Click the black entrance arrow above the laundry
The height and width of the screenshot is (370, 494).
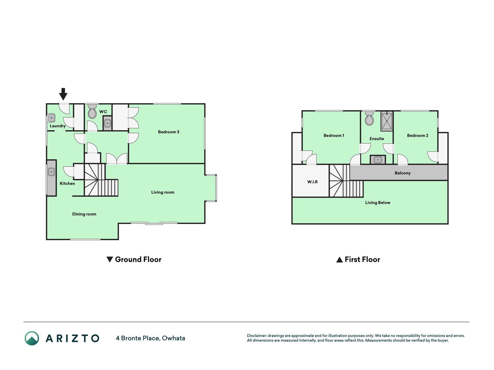click(x=63, y=94)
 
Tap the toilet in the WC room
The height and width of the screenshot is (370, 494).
click(x=92, y=111)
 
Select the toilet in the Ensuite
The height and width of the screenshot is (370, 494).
click(x=369, y=118)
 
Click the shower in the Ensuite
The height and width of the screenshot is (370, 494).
click(x=387, y=121)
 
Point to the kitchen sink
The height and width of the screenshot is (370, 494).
click(x=51, y=172)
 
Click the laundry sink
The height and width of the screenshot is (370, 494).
click(x=52, y=118)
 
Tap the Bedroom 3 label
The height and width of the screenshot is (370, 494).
click(x=168, y=132)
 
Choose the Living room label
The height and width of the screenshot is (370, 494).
click(x=163, y=192)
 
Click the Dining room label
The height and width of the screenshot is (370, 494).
click(x=84, y=214)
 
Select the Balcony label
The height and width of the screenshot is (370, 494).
click(x=403, y=173)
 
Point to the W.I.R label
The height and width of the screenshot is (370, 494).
click(x=312, y=182)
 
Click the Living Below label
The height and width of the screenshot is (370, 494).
click(x=378, y=203)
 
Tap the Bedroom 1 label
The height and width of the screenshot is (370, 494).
click(x=334, y=136)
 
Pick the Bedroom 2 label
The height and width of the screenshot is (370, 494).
click(x=417, y=136)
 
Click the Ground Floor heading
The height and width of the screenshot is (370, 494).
click(x=138, y=260)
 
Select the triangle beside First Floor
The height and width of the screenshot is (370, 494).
click(x=339, y=260)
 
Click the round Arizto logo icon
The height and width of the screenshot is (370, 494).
click(x=32, y=338)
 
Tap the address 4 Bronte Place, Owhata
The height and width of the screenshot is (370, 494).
click(x=150, y=338)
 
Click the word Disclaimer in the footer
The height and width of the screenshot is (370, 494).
click(x=256, y=336)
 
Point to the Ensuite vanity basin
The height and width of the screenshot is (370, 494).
click(x=378, y=160)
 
